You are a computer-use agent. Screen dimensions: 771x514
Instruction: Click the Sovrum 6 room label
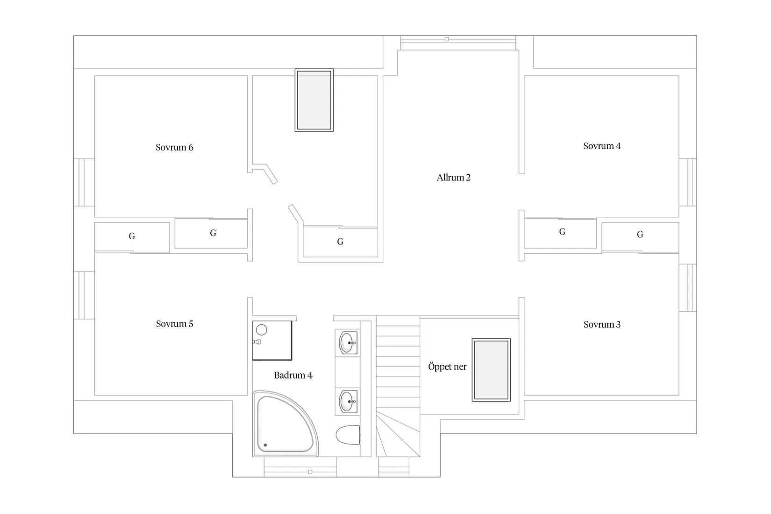tap(174, 147)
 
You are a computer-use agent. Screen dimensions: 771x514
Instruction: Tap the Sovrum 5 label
tap(174, 324)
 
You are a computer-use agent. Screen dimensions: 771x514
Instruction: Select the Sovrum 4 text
tap(602, 146)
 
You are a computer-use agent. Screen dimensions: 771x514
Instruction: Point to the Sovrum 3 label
tap(602, 324)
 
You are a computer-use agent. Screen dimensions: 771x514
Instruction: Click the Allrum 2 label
tap(453, 177)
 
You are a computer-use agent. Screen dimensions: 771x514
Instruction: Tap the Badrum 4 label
tap(293, 375)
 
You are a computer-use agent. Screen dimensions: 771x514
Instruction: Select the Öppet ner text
tap(447, 367)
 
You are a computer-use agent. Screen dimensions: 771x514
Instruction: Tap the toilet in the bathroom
tap(348, 435)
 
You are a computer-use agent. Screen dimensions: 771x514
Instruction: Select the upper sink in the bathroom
tap(348, 343)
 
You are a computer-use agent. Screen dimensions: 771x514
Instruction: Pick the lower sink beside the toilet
tap(348, 401)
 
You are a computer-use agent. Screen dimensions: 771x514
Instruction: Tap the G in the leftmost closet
tap(132, 236)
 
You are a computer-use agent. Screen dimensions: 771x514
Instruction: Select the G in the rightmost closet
tap(640, 235)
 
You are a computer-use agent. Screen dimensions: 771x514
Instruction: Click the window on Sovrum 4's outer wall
tap(688, 182)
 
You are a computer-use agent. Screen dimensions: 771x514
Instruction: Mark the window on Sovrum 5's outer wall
tap(84, 295)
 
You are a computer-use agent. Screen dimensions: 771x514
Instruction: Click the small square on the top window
tap(447, 39)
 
